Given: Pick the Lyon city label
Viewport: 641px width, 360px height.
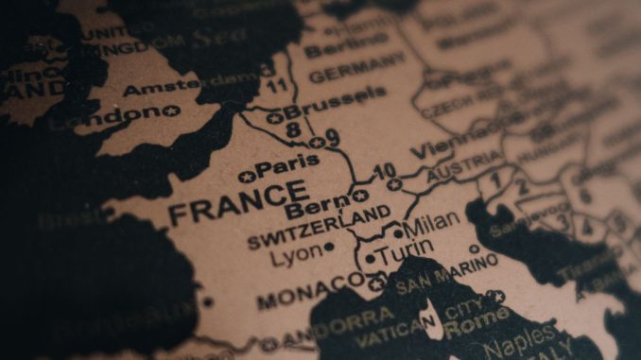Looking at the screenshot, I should coord(295,253).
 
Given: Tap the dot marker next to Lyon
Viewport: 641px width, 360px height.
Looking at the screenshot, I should coord(329,248).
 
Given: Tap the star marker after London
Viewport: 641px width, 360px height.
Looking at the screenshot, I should coord(171,111).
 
